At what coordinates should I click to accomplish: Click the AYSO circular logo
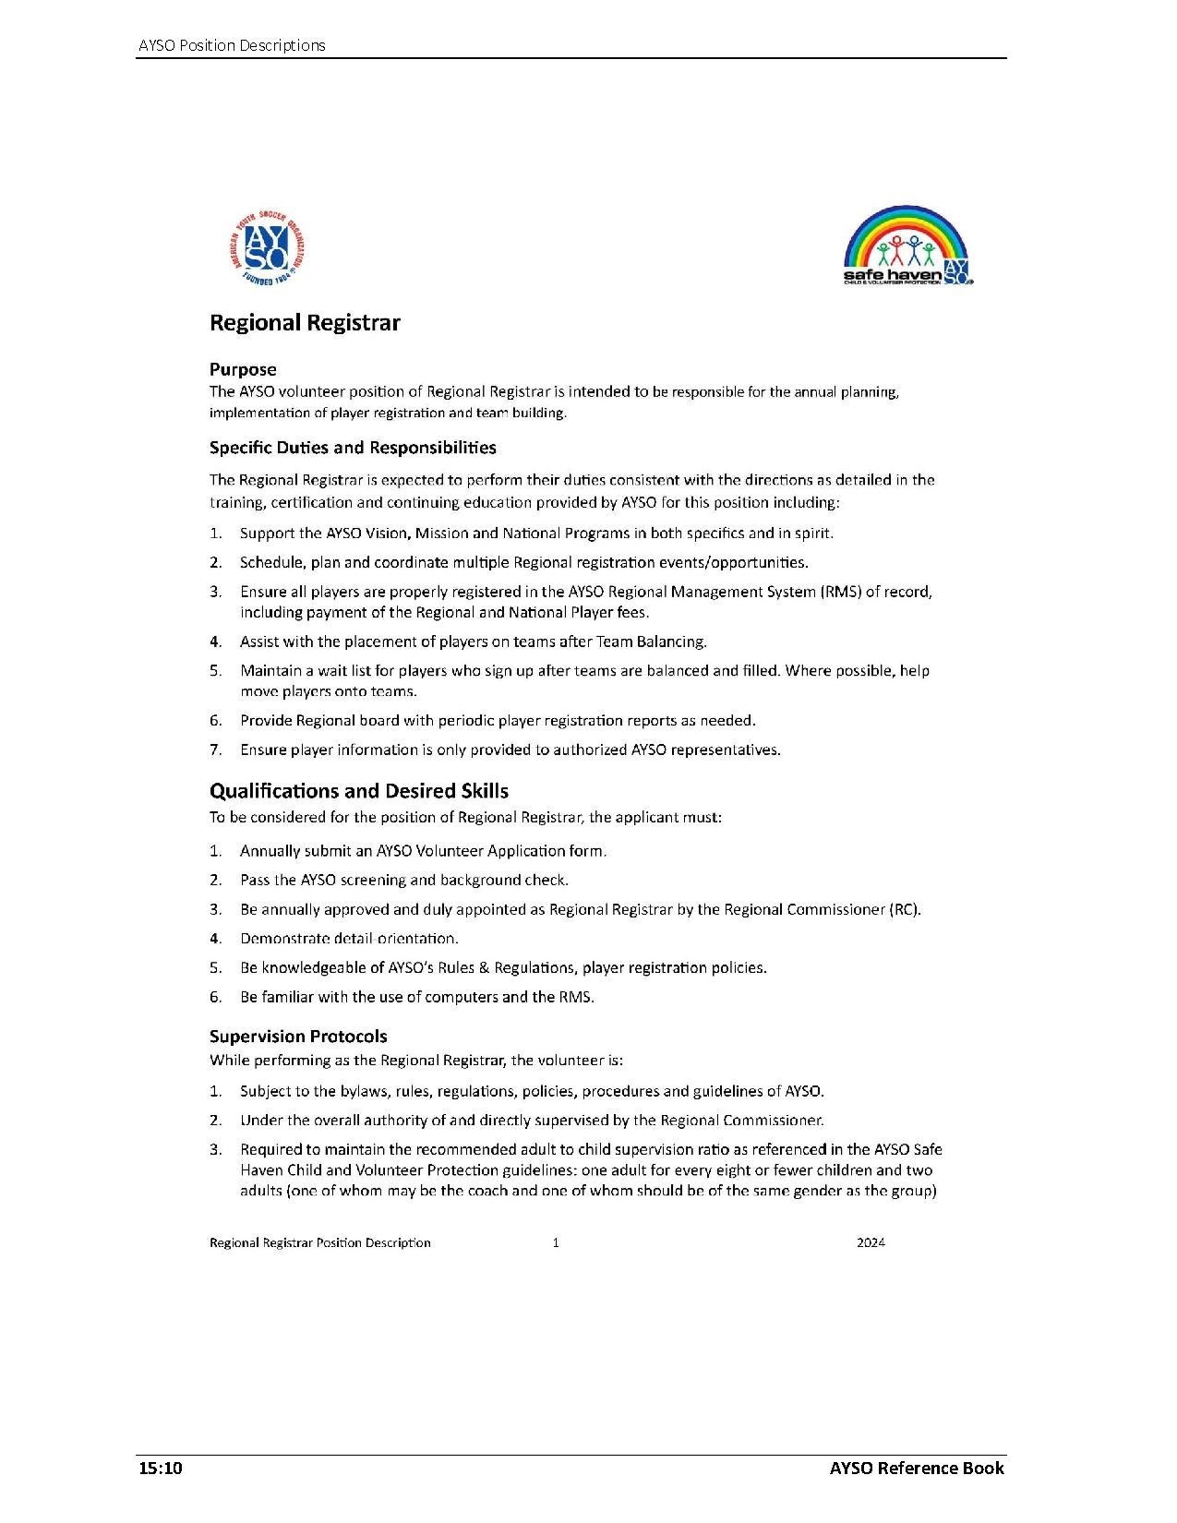pos(265,247)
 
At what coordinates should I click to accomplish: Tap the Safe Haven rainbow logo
pos(907,246)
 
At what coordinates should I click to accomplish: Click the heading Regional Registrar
pos(305,323)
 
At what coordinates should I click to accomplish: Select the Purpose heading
pos(243,369)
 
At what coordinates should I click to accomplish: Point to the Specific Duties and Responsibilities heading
pos(353,448)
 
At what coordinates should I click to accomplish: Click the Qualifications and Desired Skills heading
pos(358,791)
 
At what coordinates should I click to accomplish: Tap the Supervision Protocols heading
pos(298,1037)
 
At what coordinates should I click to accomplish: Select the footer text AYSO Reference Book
pos(916,1469)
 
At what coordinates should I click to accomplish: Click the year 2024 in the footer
pos(871,1242)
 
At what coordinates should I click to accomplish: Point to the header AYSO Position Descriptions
pos(232,45)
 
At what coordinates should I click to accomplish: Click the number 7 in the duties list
pos(215,750)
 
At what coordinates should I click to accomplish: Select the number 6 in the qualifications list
pos(215,997)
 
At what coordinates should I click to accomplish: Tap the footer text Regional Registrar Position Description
pos(320,1242)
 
